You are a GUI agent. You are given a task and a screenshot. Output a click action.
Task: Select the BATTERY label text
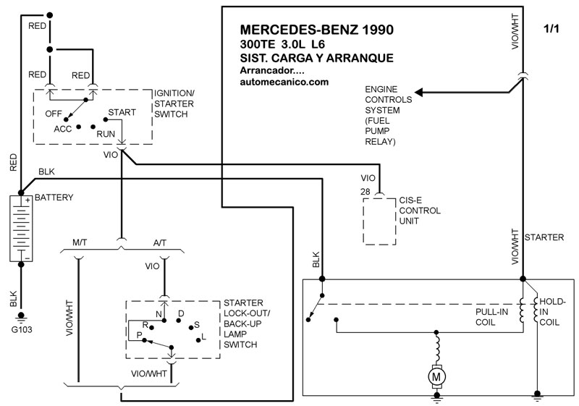tap(54, 197)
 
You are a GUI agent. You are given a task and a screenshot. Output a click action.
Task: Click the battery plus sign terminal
tap(28, 200)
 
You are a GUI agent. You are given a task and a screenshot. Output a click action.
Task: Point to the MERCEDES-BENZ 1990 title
tap(316, 30)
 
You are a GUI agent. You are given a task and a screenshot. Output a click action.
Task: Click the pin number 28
tap(365, 190)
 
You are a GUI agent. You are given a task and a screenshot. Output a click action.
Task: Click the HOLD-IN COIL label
tap(550, 310)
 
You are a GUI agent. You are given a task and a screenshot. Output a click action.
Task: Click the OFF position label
tap(53, 114)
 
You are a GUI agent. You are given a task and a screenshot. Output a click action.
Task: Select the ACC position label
tap(63, 129)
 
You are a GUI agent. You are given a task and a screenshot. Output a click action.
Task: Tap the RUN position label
tap(106, 134)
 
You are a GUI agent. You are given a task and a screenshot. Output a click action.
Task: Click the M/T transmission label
tap(80, 242)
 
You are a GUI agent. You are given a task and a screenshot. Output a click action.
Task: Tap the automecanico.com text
tap(284, 82)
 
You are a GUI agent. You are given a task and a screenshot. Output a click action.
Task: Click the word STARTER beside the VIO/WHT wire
tap(544, 237)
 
